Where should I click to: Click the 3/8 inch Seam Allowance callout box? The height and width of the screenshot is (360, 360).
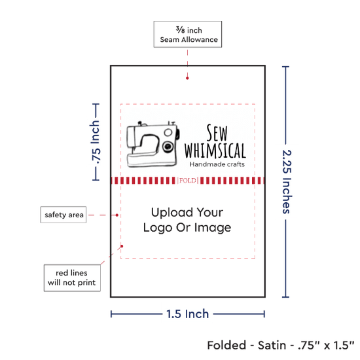coord(188,34)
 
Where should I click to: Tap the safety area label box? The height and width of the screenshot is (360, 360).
coord(63,215)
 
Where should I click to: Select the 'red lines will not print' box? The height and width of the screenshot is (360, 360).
coord(72,278)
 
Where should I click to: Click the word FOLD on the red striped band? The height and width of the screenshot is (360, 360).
coord(188,181)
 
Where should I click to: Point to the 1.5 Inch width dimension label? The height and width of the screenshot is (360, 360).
coord(188,314)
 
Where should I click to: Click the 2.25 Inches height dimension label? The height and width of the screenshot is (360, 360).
coord(287,181)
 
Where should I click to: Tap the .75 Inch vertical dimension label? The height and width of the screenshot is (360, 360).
coord(96,142)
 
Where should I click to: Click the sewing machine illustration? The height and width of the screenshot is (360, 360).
coord(153,144)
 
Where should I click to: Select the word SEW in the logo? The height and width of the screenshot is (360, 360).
coord(217,133)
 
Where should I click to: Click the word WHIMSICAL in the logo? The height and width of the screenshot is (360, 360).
coord(215,151)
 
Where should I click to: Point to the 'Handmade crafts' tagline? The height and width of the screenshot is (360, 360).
coord(217,164)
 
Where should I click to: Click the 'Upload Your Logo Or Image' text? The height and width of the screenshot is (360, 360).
coord(187,220)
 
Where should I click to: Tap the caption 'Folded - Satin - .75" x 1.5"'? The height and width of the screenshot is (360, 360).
coord(281,345)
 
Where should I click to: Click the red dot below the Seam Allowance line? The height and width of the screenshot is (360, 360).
coord(187,78)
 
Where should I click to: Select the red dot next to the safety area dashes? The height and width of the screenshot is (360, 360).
coord(117,215)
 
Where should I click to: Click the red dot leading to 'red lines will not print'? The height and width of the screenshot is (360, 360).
coord(122,246)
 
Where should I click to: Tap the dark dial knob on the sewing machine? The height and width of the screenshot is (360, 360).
coord(168,146)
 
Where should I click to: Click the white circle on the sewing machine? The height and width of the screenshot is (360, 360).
coord(168,132)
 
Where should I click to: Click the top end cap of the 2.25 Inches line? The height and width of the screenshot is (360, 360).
coord(285,67)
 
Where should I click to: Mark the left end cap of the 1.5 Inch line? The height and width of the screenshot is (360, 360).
coord(111,314)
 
